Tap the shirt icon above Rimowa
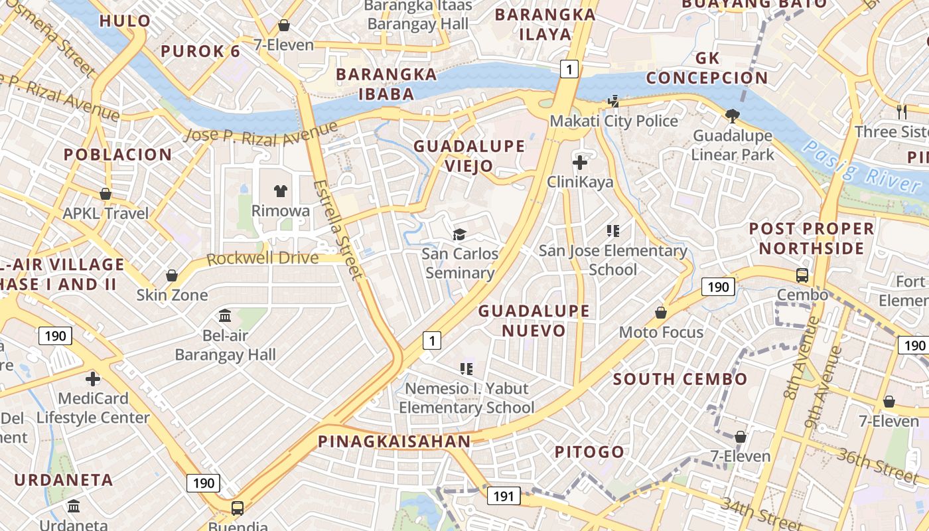[280, 191]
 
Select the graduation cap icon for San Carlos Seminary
[459, 234]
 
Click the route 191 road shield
[504, 495]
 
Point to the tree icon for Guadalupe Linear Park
[733, 116]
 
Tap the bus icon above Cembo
[802, 275]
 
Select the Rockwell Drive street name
[262, 258]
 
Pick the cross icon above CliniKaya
[580, 162]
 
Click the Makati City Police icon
[614, 102]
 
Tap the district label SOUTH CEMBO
[679, 380]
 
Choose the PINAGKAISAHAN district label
[394, 441]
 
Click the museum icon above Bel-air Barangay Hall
[225, 315]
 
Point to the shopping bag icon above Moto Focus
[661, 312]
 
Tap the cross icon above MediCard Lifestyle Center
[93, 379]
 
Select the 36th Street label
[877, 464]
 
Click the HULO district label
[125, 21]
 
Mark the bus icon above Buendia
[237, 508]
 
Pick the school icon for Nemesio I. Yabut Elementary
[466, 368]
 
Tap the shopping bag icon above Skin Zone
[172, 275]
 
